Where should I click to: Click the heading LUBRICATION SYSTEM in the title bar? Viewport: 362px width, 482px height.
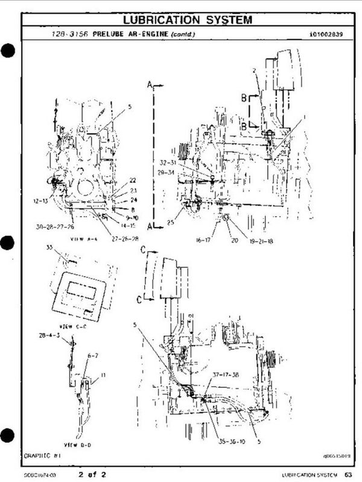pos(182,20)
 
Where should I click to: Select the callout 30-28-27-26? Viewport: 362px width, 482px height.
pos(54,227)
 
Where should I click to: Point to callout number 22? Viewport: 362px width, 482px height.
pos(133,180)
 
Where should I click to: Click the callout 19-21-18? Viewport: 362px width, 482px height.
pos(261,241)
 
